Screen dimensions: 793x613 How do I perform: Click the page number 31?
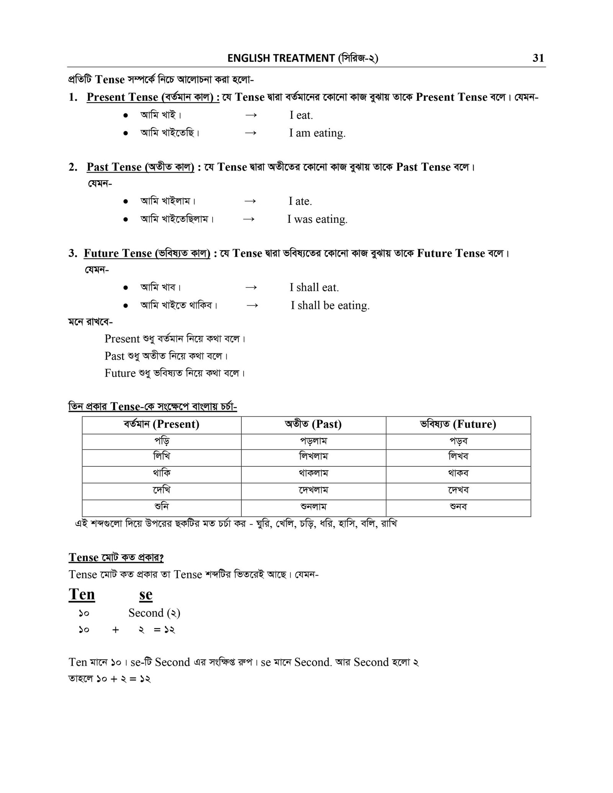(538, 58)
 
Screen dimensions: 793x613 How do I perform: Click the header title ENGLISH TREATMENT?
(281, 58)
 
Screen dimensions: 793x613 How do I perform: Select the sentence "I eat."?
(301, 115)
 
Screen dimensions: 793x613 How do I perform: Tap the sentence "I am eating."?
(317, 133)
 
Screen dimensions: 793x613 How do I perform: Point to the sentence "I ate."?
(300, 201)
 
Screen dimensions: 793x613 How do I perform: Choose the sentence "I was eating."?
(317, 219)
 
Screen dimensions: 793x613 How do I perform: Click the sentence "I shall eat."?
(314, 287)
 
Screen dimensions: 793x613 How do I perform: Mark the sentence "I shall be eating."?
(330, 305)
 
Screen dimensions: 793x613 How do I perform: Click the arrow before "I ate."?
(250, 201)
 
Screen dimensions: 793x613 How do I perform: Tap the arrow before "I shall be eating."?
(252, 305)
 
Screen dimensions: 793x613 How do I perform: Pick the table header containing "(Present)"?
(161, 424)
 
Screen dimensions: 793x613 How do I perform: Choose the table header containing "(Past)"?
(313, 424)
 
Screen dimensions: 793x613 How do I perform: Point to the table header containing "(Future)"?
(458, 424)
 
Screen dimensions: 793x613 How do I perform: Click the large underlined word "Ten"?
(82, 595)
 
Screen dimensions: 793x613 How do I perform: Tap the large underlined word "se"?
(146, 595)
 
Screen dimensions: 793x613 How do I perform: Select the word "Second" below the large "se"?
(146, 613)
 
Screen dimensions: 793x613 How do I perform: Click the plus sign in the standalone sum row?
(116, 630)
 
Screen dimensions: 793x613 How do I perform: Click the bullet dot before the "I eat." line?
(125, 115)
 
